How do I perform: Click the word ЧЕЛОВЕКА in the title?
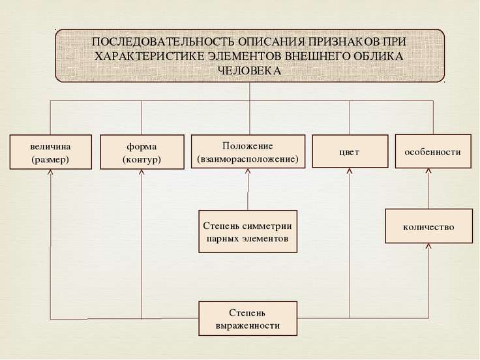pyautogui.click(x=249, y=70)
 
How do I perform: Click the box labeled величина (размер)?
pyautogui.click(x=51, y=152)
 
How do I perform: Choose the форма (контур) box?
pyautogui.click(x=142, y=152)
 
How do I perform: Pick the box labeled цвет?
pyautogui.click(x=350, y=151)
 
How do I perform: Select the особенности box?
pyautogui.click(x=433, y=151)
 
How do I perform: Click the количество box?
pyautogui.click(x=428, y=226)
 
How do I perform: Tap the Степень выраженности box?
pyautogui.click(x=248, y=318)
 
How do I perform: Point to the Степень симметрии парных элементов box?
pyautogui.click(x=248, y=232)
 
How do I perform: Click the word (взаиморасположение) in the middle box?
pyautogui.click(x=248, y=159)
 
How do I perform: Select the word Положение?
pyautogui.click(x=248, y=146)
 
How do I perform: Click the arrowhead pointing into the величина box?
pyautogui.click(x=50, y=172)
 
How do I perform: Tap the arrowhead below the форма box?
pyautogui.click(x=142, y=172)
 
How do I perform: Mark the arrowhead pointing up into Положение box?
pyautogui.click(x=248, y=171)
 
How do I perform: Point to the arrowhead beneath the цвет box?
pyautogui.click(x=350, y=171)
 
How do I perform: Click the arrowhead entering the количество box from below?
pyautogui.click(x=428, y=247)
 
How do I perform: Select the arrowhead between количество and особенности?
pyautogui.click(x=428, y=171)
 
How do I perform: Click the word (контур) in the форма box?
pyautogui.click(x=142, y=160)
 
